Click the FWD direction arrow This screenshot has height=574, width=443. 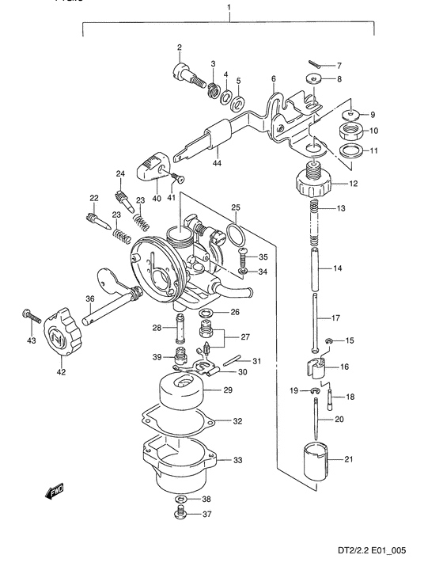pos(55,492)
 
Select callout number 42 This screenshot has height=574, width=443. pos(61,372)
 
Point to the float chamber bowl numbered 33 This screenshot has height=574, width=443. pos(180,464)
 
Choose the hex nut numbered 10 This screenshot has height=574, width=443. pos(350,131)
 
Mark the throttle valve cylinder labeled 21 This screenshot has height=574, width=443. pos(316,462)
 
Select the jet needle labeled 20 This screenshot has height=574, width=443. pos(316,418)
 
